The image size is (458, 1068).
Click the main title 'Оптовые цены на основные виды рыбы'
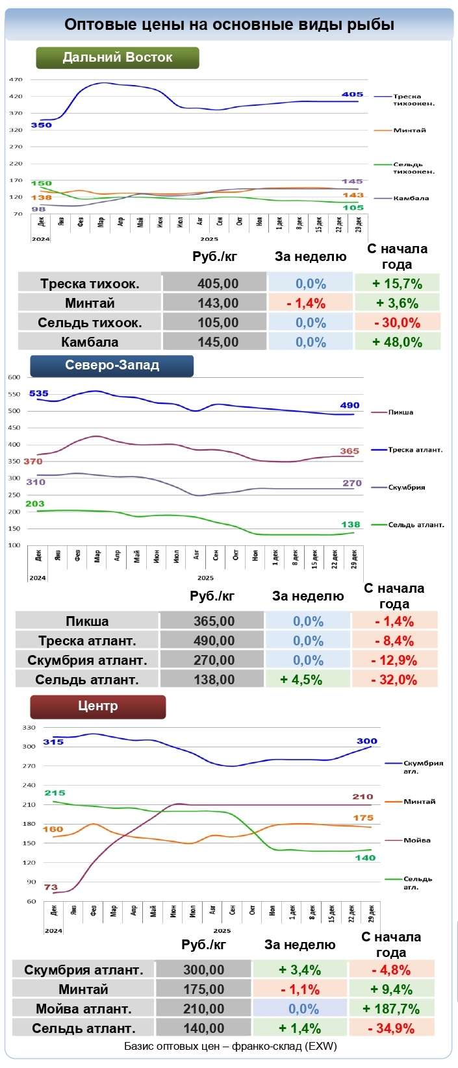click(x=229, y=25)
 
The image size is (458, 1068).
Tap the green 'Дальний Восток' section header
click(x=118, y=57)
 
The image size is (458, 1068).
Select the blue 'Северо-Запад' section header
click(x=112, y=366)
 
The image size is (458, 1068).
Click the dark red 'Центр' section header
click(x=98, y=706)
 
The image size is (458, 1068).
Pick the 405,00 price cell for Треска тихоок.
click(x=218, y=284)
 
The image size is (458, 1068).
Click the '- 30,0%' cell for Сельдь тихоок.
click(x=397, y=323)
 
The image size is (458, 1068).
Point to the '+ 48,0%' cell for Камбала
click(x=397, y=342)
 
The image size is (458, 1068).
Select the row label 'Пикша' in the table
click(x=87, y=621)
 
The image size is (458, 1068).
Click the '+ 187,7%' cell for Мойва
click(x=391, y=1009)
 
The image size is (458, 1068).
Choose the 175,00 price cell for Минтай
click(x=203, y=989)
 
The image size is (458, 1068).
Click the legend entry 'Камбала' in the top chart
click(x=411, y=198)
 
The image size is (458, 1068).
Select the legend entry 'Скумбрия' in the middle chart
click(x=407, y=487)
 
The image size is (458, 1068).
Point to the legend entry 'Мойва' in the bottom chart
click(x=417, y=840)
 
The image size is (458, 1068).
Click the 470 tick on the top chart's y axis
click(x=16, y=80)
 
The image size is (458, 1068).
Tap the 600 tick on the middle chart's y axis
click(x=14, y=377)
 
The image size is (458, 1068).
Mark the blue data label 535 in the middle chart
click(x=39, y=393)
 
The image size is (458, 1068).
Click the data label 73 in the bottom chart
click(x=51, y=887)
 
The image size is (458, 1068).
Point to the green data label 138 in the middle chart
click(x=351, y=525)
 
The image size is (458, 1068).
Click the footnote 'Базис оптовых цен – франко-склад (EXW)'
click(x=230, y=1047)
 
